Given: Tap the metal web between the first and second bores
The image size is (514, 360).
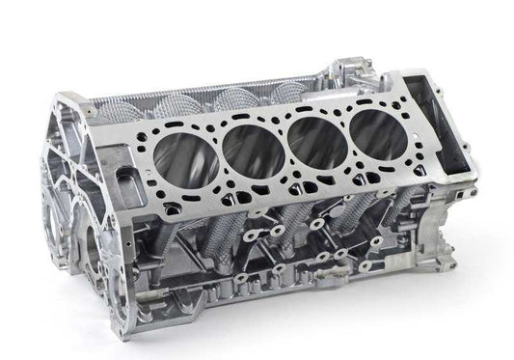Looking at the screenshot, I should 218,150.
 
